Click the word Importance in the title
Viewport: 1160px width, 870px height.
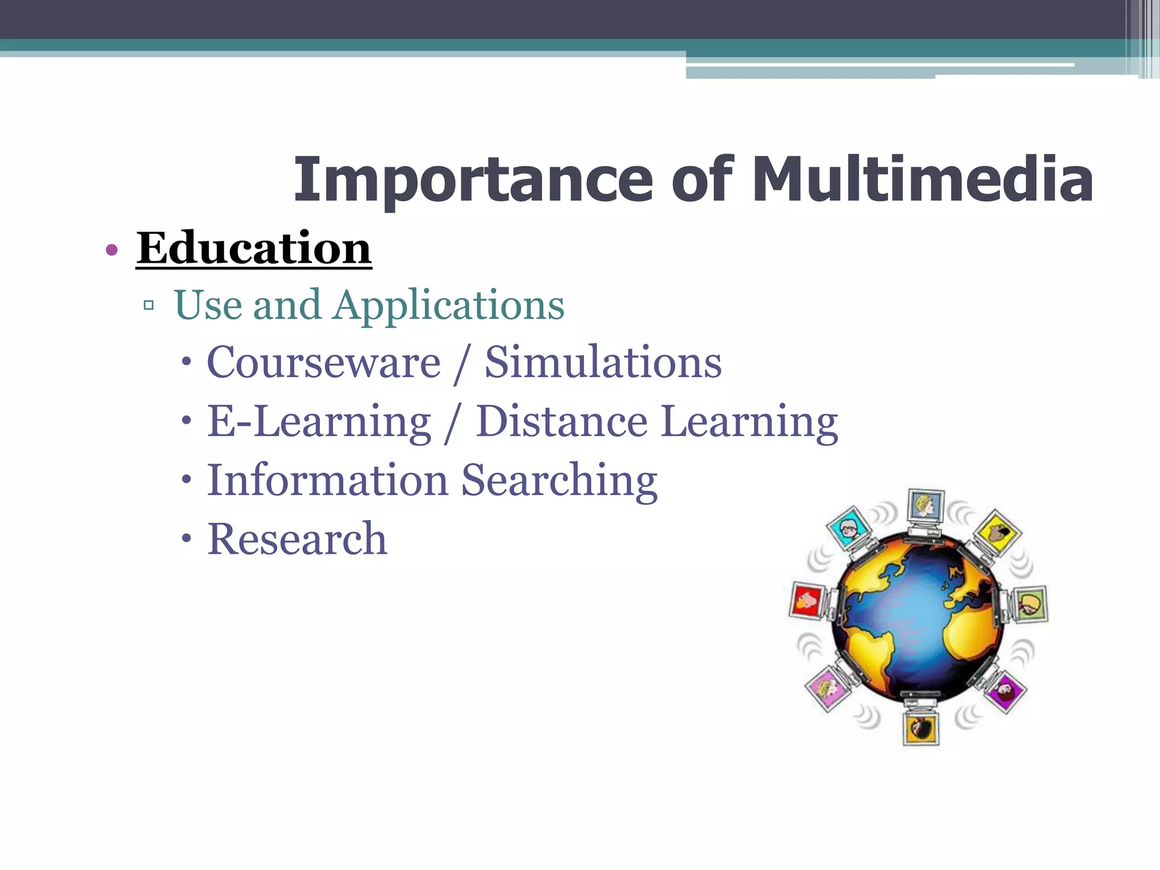[x=473, y=180]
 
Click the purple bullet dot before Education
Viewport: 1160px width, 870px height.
[x=112, y=250]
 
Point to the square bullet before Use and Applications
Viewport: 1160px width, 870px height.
[x=149, y=306]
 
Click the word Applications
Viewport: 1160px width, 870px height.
[x=449, y=306]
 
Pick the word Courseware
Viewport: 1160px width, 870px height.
[x=323, y=362]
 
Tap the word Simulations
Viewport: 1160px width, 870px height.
[x=603, y=362]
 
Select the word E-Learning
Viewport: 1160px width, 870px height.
[x=319, y=422]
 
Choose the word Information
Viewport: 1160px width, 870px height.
[x=328, y=481]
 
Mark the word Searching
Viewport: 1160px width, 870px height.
[x=559, y=481]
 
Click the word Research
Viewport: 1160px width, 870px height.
[x=297, y=539]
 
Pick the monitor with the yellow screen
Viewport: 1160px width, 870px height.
[x=997, y=531]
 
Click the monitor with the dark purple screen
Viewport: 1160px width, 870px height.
[x=1005, y=690]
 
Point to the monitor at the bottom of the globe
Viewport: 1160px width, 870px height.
[x=920, y=727]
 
